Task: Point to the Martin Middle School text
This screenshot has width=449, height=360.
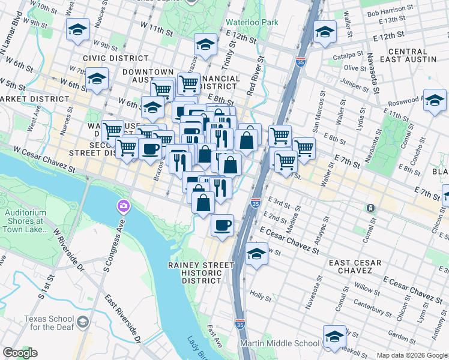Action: tap(280, 343)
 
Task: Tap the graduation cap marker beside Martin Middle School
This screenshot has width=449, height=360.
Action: tap(334, 337)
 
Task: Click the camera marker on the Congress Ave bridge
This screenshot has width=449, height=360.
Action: tap(123, 207)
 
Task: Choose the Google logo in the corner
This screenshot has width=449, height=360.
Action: tap(20, 353)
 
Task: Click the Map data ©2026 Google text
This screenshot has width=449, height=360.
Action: tap(412, 355)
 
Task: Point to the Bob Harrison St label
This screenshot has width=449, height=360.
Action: tap(390, 12)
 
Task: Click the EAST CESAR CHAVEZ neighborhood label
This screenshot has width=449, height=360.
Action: tap(354, 268)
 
